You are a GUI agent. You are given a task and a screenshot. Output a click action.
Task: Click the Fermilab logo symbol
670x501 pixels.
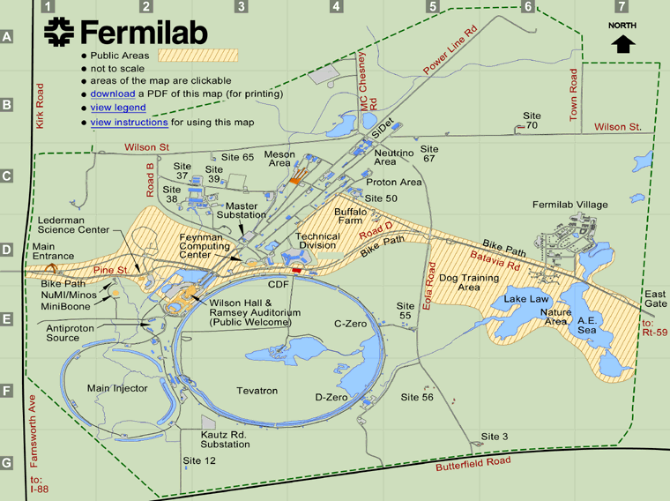click(60, 33)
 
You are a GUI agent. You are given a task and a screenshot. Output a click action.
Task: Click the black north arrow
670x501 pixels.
click(623, 43)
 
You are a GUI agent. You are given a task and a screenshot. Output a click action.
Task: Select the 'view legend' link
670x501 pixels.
click(118, 108)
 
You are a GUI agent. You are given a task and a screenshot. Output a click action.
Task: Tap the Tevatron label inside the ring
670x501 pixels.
click(257, 390)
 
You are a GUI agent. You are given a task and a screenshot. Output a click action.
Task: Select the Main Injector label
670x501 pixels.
click(116, 388)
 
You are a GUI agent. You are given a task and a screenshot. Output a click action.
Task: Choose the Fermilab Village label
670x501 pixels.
click(570, 205)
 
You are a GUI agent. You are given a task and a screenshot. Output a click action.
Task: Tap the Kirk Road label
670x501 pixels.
click(40, 107)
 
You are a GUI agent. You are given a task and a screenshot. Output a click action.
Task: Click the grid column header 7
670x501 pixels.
click(622, 7)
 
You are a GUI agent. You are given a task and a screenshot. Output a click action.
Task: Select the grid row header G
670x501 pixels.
click(7, 463)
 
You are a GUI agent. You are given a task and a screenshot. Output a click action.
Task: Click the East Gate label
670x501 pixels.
click(655, 299)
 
